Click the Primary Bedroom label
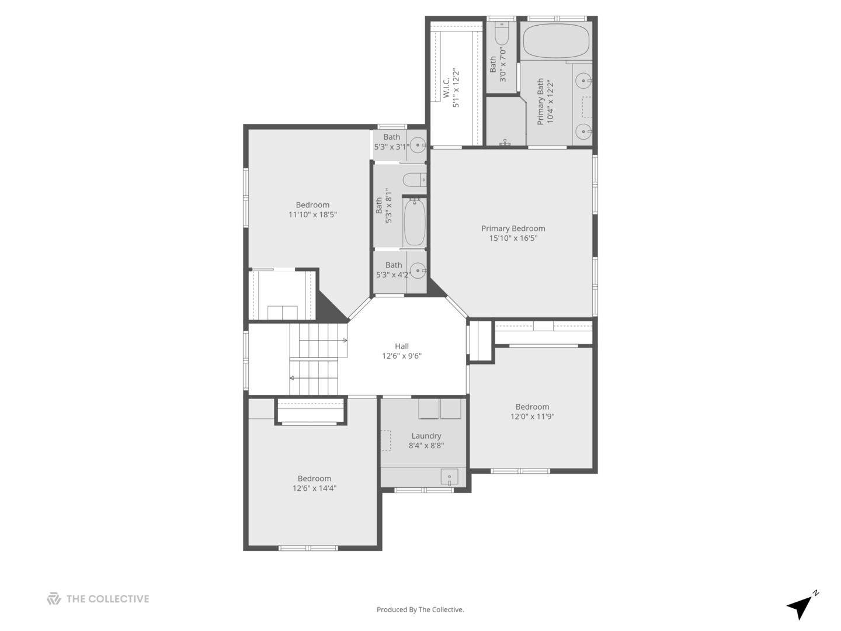513,228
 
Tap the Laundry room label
426,436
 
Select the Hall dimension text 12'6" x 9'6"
402,356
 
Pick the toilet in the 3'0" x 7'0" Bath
502,34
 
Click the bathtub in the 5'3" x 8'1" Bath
414,223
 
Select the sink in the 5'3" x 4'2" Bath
418,271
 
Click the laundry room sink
449,477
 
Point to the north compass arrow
801,606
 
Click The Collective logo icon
54,599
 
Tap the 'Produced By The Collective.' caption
420,610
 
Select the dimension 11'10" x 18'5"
312,215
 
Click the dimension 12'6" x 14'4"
314,488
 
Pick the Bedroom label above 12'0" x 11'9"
532,407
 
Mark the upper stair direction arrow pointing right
345,341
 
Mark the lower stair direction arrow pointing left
292,378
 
